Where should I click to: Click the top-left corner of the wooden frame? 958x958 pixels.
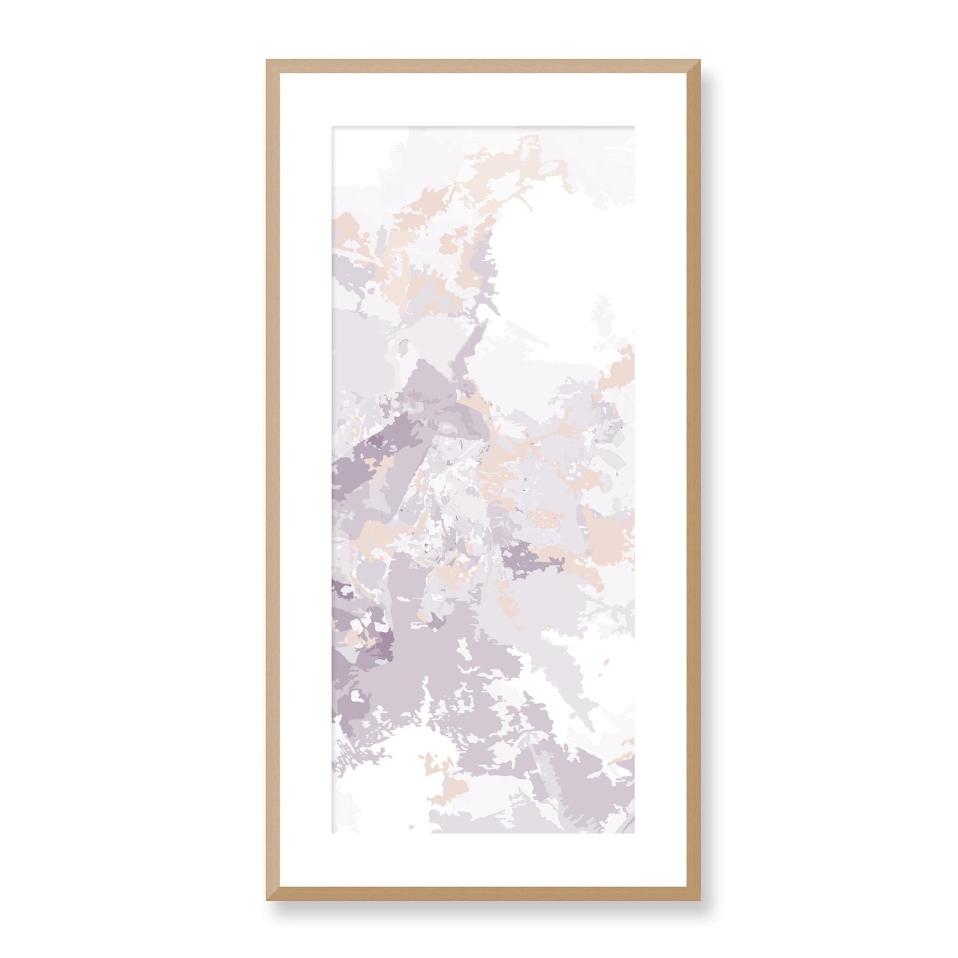point(268,62)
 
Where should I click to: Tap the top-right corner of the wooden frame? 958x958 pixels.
point(689,62)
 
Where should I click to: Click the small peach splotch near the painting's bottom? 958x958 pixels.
point(451,786)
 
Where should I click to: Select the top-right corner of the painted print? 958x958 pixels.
point(633,125)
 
